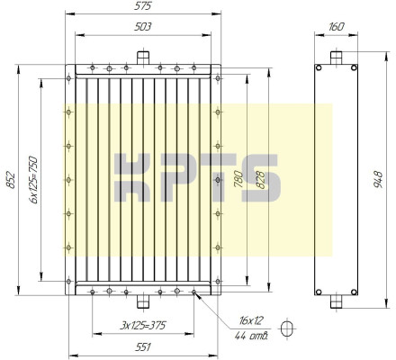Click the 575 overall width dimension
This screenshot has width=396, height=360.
(143, 6)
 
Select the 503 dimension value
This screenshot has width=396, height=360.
(143, 27)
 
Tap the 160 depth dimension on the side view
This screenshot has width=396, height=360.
(336, 27)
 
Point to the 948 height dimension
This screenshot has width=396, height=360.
(379, 180)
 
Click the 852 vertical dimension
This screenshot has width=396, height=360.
(11, 180)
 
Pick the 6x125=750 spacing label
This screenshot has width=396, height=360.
(33, 180)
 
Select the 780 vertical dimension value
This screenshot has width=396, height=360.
(238, 179)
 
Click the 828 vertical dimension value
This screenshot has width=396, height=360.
(260, 180)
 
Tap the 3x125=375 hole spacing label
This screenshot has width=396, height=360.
(143, 326)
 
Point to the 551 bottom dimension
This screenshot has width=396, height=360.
(143, 347)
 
